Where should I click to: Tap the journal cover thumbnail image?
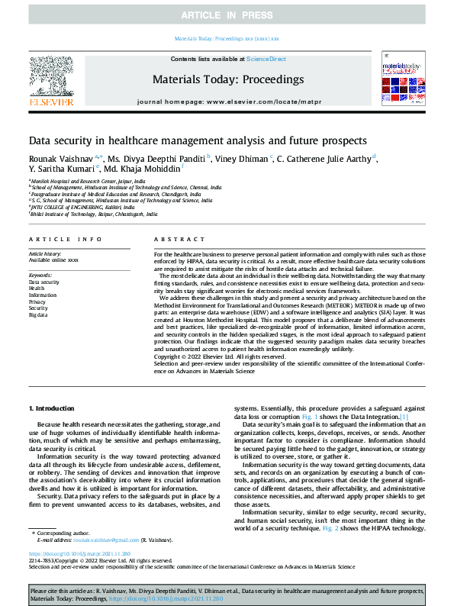[402, 79]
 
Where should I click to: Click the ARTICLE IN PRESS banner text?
[227, 15]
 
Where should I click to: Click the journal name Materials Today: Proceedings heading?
[228, 79]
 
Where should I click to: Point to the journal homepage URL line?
[228, 102]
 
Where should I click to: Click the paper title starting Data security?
[198, 140]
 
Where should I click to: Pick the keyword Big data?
[37, 314]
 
